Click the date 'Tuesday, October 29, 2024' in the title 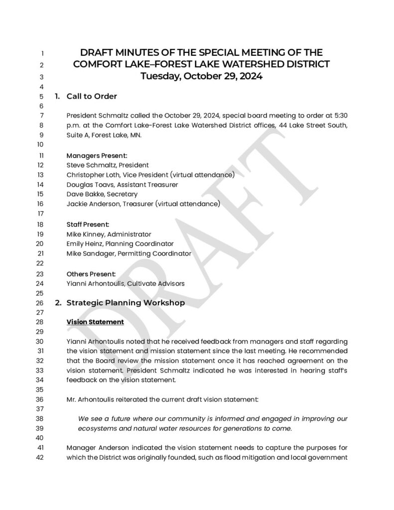201,77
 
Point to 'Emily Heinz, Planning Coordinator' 120,244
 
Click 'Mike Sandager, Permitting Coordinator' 129,254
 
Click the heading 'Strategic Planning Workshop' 126,303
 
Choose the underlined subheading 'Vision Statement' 95,322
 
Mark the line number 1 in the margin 43,53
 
